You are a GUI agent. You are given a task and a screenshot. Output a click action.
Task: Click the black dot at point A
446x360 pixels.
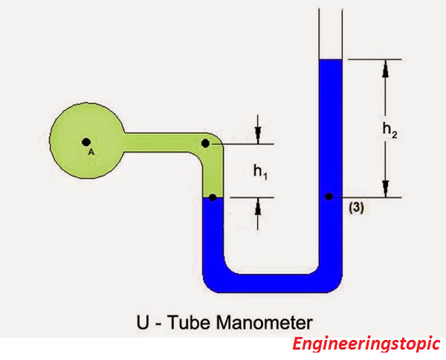coord(86,141)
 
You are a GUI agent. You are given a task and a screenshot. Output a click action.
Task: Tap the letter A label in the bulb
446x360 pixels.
coord(91,151)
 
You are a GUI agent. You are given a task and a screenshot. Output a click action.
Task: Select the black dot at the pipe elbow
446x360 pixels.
coord(206,143)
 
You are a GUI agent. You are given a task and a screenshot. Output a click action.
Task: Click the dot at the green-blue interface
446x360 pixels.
coord(213,197)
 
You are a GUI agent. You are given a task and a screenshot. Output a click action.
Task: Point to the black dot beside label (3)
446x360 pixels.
coord(328,197)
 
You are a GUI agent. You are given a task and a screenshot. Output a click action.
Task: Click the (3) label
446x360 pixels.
coord(356,208)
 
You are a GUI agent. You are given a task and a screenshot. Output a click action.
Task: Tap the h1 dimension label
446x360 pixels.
coord(259,173)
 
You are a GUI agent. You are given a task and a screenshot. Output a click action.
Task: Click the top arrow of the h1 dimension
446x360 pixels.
coord(258,134)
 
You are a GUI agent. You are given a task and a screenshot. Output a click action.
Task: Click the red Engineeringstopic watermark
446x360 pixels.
coord(366,344)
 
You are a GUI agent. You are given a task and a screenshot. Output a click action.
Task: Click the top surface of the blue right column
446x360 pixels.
coord(329,60)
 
